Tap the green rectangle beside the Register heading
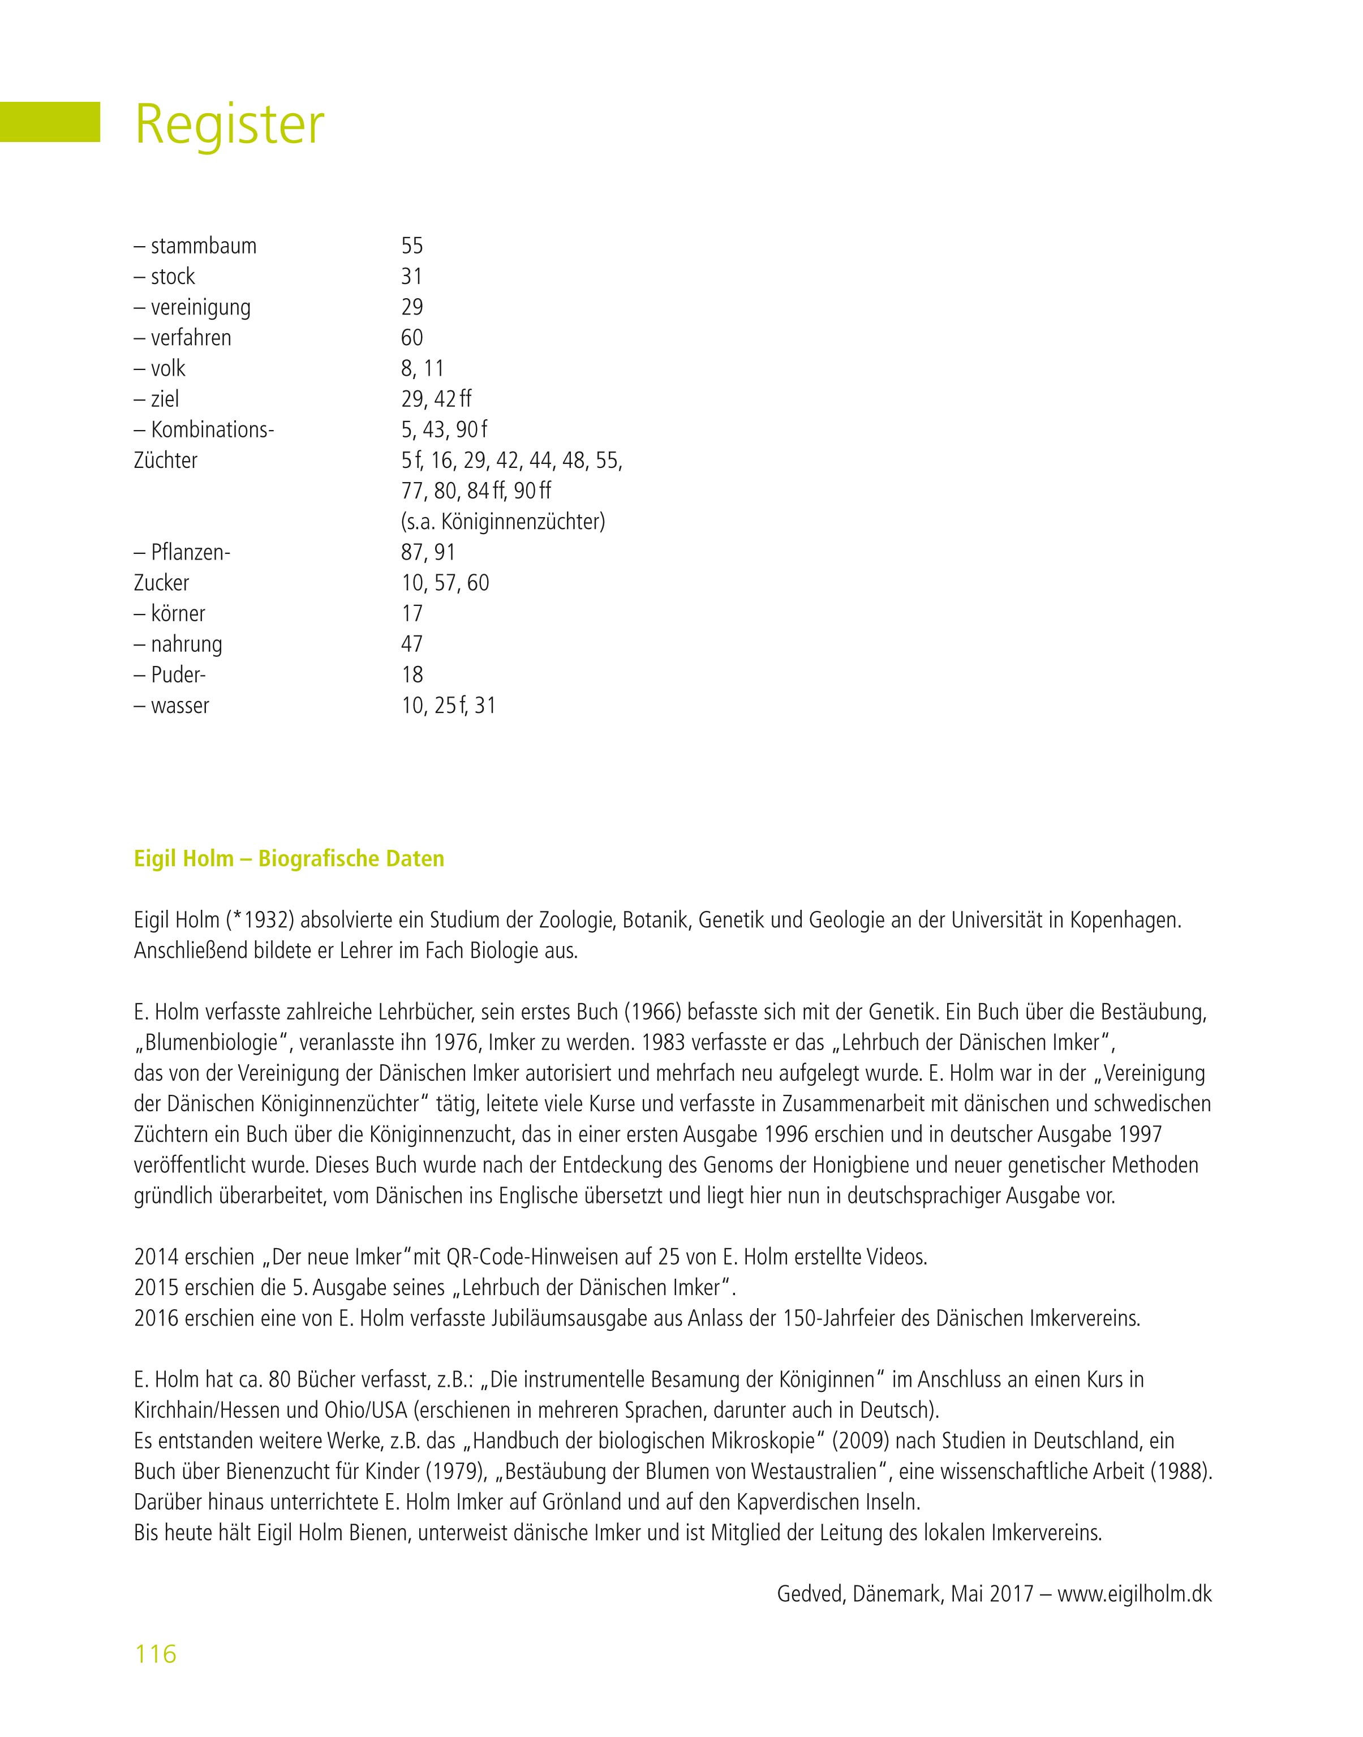[x=49, y=122]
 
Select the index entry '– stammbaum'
[x=196, y=246]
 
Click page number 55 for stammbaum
[x=412, y=246]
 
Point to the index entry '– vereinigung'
[x=192, y=307]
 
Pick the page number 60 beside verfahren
[x=412, y=338]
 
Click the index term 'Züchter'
[x=165, y=461]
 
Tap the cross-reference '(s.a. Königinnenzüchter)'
[x=503, y=522]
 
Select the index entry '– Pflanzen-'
[x=182, y=552]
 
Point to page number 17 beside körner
[x=412, y=613]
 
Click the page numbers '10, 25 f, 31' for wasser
[x=449, y=706]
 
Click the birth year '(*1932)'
[x=260, y=920]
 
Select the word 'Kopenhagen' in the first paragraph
[x=1124, y=920]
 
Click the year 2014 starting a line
[x=156, y=1257]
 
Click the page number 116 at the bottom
[x=156, y=1654]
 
